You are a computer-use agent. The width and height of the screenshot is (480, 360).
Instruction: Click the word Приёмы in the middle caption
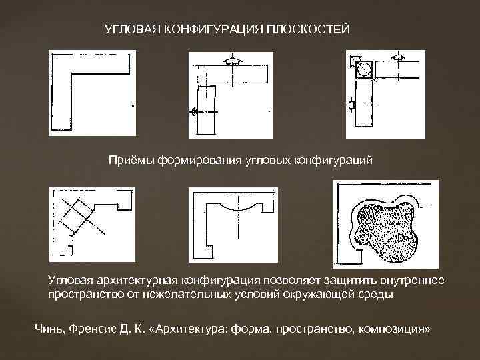[x=131, y=160]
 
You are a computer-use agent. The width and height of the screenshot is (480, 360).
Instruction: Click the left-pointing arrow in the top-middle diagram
[x=195, y=112]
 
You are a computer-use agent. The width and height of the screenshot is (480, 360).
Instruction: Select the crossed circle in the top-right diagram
[x=364, y=69]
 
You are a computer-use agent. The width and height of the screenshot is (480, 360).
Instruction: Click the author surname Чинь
[x=47, y=329]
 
